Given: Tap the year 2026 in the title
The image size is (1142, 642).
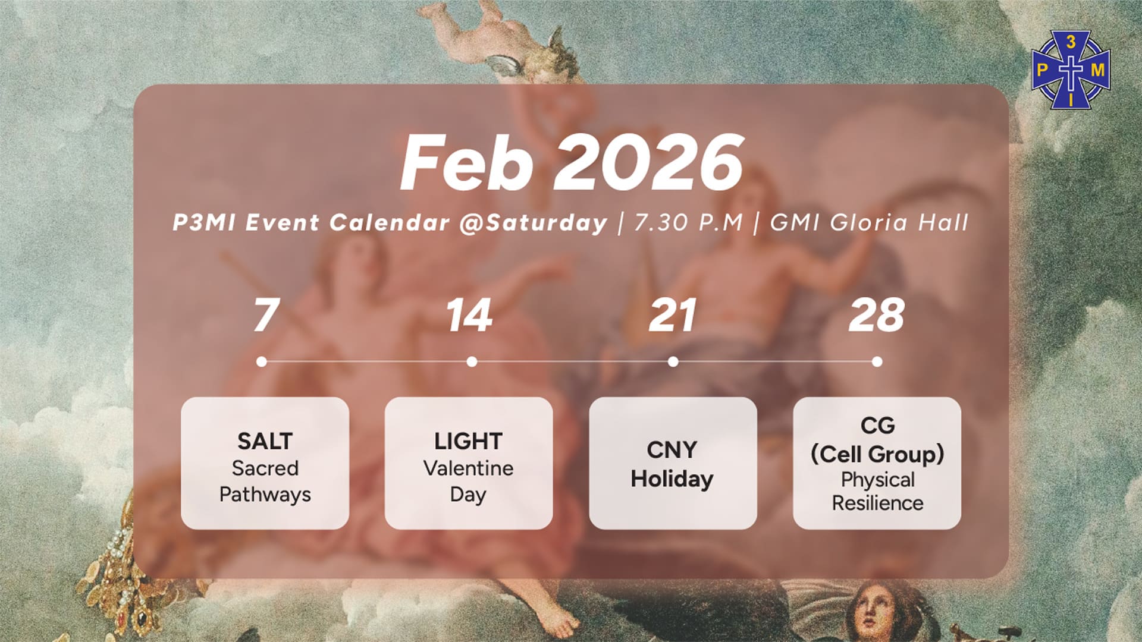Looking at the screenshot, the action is click(x=648, y=162).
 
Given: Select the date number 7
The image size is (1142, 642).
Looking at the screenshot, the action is click(x=266, y=315).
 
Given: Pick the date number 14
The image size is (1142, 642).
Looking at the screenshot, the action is click(x=469, y=315).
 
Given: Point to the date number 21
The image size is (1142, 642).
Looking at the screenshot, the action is click(x=672, y=315).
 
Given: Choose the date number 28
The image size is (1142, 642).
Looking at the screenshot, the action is click(x=877, y=315).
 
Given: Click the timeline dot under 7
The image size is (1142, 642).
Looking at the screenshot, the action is click(x=262, y=361).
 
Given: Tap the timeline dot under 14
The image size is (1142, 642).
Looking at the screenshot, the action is click(x=472, y=361).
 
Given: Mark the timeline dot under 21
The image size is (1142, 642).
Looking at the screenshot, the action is click(x=673, y=361).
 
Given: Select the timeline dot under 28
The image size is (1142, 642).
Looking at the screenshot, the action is click(x=877, y=361).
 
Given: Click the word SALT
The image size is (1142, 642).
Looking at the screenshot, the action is click(x=265, y=441).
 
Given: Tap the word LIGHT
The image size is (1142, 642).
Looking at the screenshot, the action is click(x=468, y=441).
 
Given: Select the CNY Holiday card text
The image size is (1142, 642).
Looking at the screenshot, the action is click(x=672, y=464).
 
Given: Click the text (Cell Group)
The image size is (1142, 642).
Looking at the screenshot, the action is click(x=877, y=455).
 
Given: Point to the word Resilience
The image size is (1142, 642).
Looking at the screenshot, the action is click(x=877, y=503).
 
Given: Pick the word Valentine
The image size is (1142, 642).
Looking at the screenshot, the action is click(x=468, y=468).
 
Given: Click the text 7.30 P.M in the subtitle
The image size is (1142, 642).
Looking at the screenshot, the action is click(x=689, y=222).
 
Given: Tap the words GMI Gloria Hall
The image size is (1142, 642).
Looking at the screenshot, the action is click(x=870, y=222).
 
